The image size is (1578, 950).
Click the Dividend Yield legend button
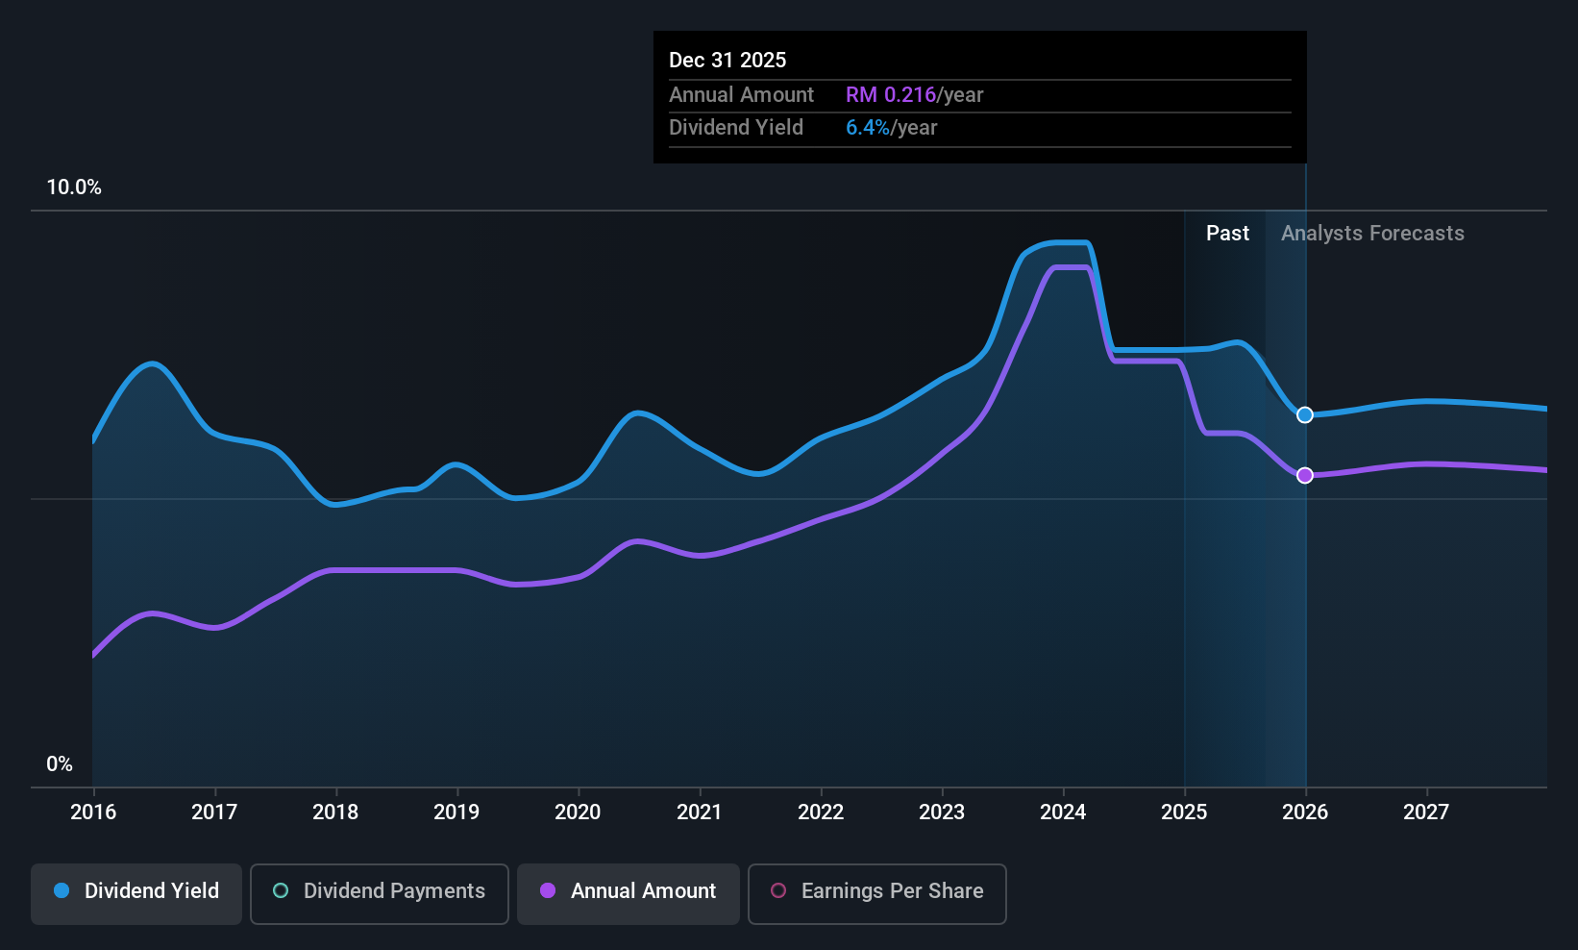tap(136, 892)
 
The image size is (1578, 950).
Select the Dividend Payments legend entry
tap(379, 892)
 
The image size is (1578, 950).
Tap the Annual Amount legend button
tap(629, 892)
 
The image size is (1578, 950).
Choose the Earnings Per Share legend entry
tap(876, 892)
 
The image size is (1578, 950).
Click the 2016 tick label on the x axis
tap(93, 812)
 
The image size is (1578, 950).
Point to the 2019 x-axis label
tap(456, 812)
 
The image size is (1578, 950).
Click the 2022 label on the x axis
tap(821, 812)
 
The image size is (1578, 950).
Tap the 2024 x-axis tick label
tap(1063, 812)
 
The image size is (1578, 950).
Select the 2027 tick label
tap(1426, 812)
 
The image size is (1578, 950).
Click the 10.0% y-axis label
tap(74, 187)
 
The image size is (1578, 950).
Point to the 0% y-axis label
tap(60, 764)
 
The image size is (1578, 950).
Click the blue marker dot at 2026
tap(1305, 415)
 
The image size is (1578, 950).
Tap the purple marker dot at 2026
tap(1305, 476)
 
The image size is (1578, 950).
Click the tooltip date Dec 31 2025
tap(727, 61)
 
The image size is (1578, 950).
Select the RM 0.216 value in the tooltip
tap(890, 95)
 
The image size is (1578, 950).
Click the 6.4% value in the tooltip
tap(868, 128)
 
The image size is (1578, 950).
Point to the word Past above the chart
tap(1227, 234)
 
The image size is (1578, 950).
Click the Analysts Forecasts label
tap(1372, 234)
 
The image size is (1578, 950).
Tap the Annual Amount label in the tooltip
tap(741, 95)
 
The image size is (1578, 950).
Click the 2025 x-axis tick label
tap(1184, 812)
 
